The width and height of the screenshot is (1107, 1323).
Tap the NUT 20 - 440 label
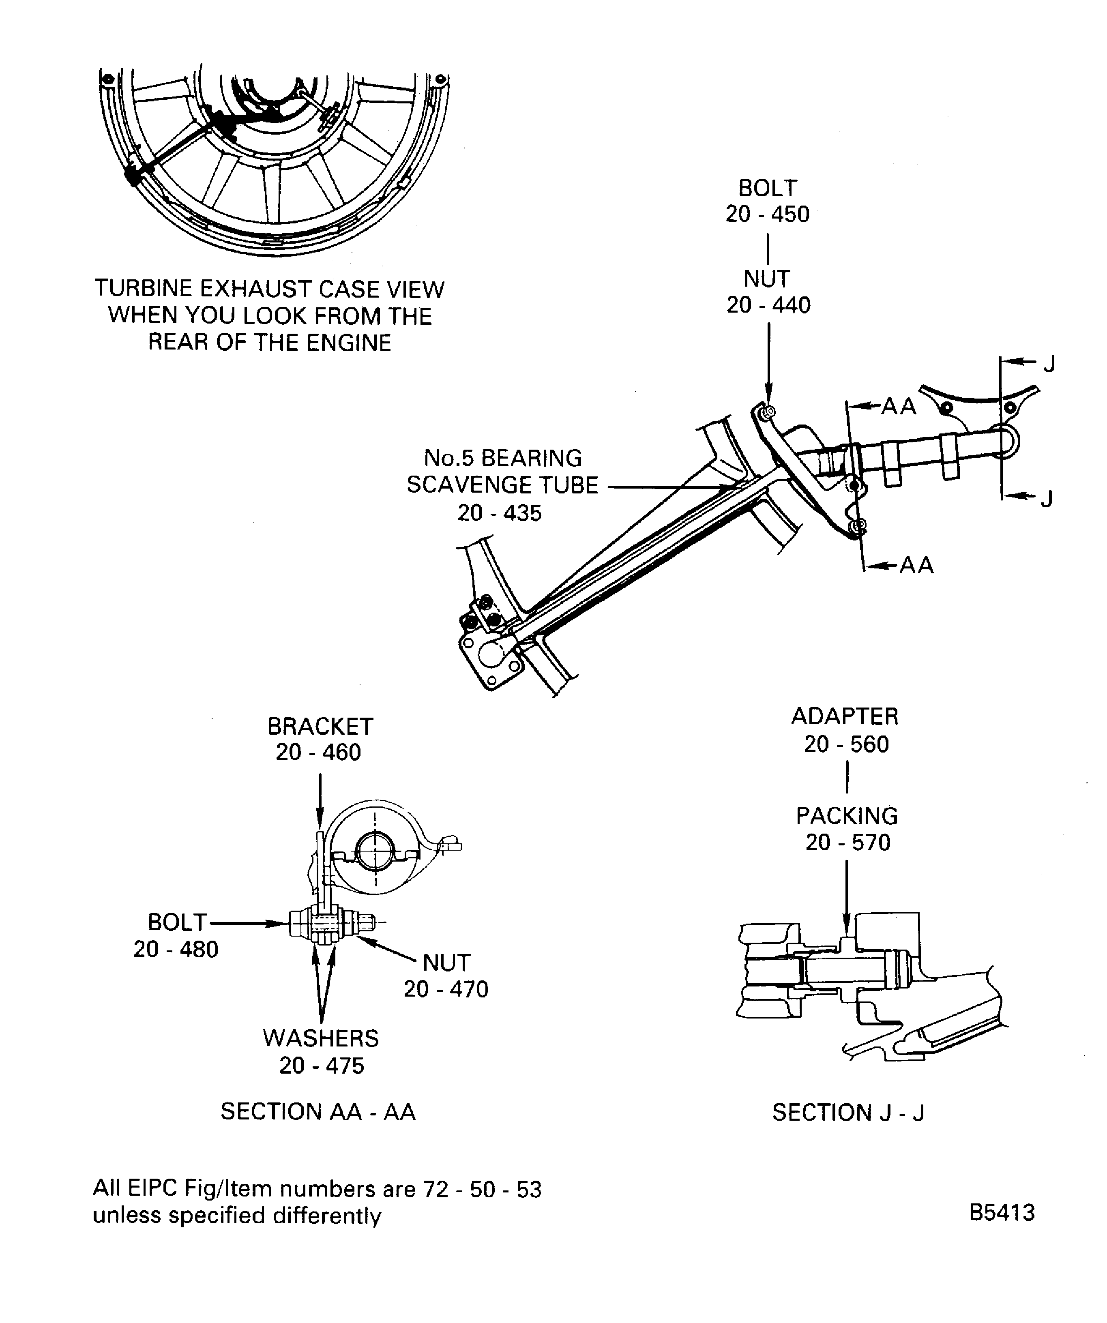point(768,292)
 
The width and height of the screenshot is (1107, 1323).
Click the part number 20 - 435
point(499,513)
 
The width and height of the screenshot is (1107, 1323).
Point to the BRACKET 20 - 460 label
point(320,739)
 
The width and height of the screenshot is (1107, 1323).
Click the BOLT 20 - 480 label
point(176,935)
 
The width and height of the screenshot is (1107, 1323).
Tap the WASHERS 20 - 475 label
point(321,1051)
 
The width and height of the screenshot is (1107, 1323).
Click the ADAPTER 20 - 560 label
point(845,729)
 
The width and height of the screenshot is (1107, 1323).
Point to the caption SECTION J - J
point(847,1113)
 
